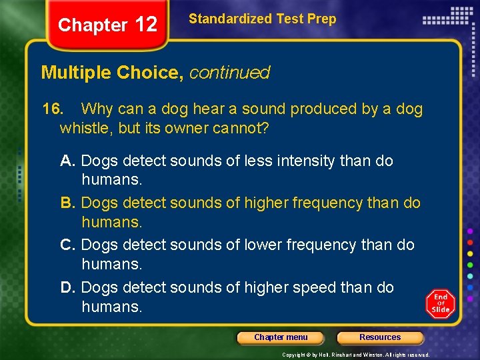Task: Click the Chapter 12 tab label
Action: point(107,25)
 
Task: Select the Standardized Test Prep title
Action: point(262,19)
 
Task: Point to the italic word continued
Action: point(229,73)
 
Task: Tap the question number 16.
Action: point(52,109)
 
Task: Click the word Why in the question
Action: point(97,109)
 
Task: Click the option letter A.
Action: point(67,161)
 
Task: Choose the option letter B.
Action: point(67,203)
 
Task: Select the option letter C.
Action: point(67,245)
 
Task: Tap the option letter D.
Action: point(67,287)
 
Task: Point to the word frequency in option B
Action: point(321,203)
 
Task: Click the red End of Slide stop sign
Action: point(440,304)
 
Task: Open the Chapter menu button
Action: point(281,337)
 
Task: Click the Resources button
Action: point(380,337)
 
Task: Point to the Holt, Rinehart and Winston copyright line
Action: point(356,355)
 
